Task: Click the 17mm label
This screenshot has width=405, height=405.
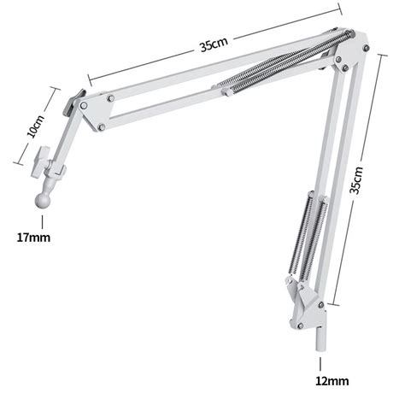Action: click(x=33, y=238)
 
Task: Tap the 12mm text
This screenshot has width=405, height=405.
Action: click(x=332, y=381)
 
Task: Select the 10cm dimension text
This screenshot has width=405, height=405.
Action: click(x=36, y=126)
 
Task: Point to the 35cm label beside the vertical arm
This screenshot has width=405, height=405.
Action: click(x=356, y=180)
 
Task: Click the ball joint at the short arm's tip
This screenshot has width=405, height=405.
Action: click(x=43, y=201)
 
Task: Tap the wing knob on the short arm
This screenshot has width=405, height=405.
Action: click(x=39, y=162)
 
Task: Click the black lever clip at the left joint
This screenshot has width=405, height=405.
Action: click(x=73, y=103)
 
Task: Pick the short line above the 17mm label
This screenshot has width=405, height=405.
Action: click(x=43, y=222)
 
